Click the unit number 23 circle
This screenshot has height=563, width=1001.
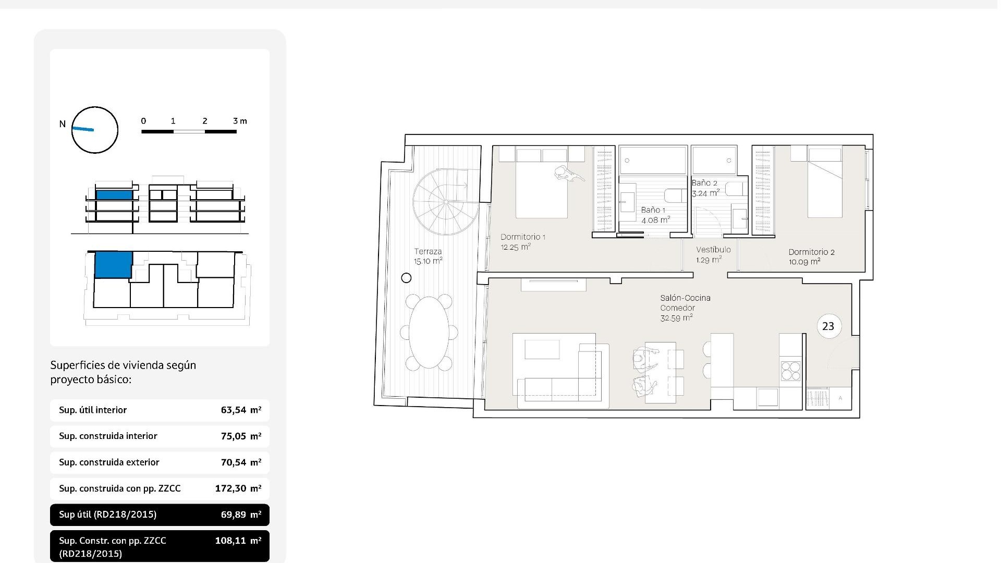pos(828,326)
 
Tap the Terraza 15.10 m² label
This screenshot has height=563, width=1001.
pos(428,256)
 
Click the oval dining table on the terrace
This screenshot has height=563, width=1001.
pos(429,332)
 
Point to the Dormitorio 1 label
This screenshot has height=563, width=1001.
pos(522,242)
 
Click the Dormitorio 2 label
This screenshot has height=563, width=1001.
pos(811,256)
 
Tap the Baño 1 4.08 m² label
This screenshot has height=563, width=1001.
pos(654,215)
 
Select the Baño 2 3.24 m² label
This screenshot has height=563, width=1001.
pos(705,188)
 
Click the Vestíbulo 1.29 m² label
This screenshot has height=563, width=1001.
pos(713,254)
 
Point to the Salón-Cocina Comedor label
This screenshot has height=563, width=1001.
pos(685,308)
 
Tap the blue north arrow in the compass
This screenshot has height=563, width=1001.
pos(83,129)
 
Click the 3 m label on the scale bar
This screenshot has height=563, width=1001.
pos(240,121)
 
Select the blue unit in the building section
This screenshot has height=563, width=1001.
pos(114,194)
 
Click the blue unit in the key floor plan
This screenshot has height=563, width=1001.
pos(113,264)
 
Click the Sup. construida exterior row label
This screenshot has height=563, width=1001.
pos(109,462)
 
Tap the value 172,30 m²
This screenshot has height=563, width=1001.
pos(238,488)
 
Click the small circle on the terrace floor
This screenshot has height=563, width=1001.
pos(406,278)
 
